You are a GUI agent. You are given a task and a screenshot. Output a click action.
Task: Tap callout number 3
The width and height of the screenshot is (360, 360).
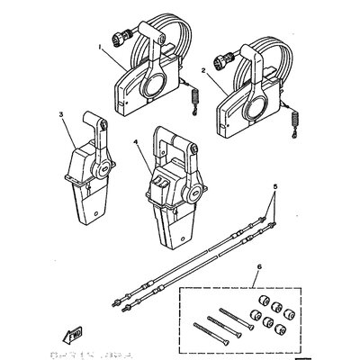[61, 115]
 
